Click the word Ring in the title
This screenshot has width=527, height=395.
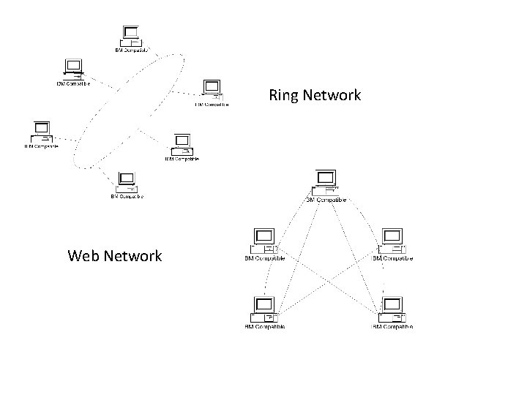pyautogui.click(x=283, y=95)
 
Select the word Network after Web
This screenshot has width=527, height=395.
pyautogui.click(x=132, y=255)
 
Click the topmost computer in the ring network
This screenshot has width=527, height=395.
pyautogui.click(x=132, y=35)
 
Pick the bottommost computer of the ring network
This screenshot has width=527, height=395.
pyautogui.click(x=126, y=181)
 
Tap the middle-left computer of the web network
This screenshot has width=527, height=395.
pyautogui.click(x=263, y=241)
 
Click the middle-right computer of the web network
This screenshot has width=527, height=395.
pyautogui.click(x=392, y=241)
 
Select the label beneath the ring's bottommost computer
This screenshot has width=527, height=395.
pyautogui.click(x=127, y=196)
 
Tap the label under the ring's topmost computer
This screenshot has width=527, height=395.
pyautogui.click(x=132, y=50)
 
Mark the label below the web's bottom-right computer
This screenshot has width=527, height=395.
pyautogui.click(x=392, y=326)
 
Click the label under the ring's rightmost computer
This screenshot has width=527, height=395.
pyautogui.click(x=212, y=105)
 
